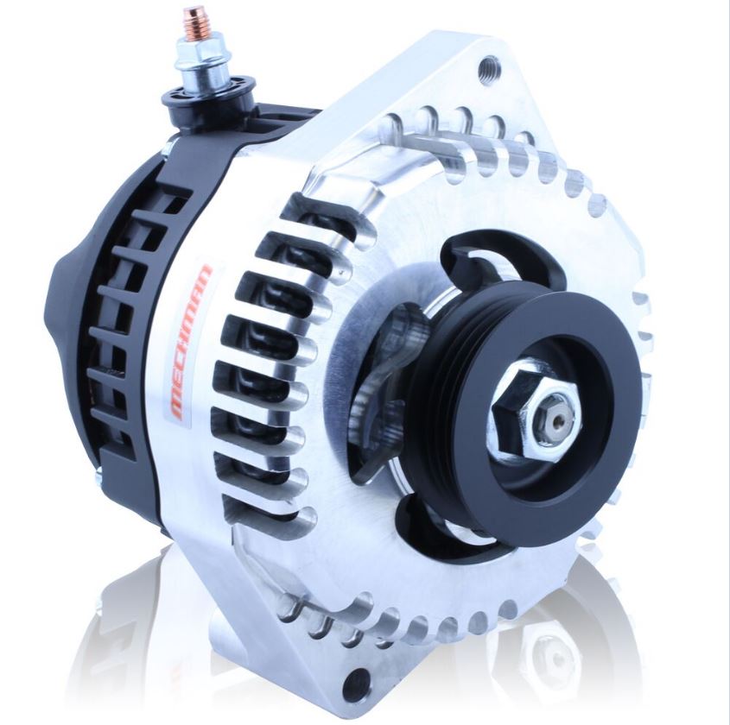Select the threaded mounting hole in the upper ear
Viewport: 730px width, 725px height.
tap(490, 64)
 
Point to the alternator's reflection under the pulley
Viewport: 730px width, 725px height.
tap(553, 647)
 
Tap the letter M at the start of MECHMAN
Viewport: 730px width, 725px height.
tap(180, 405)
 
